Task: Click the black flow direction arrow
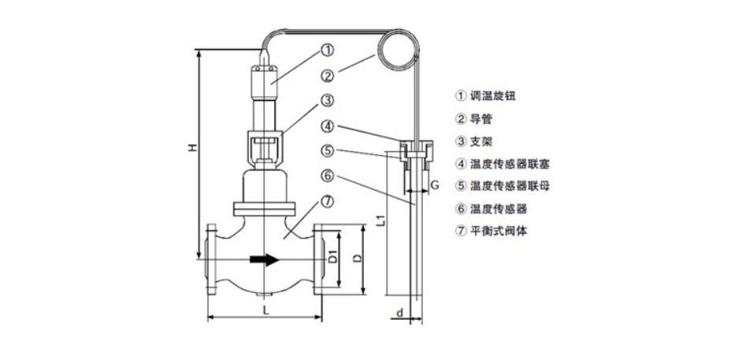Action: pyautogui.click(x=263, y=258)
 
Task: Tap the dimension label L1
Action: pyautogui.click(x=379, y=221)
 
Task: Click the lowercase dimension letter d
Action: pyautogui.click(x=400, y=314)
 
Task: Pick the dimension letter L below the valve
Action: pyautogui.click(x=265, y=310)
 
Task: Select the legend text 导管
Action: pyautogui.click(x=481, y=119)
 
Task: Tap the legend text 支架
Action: pyautogui.click(x=481, y=142)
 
